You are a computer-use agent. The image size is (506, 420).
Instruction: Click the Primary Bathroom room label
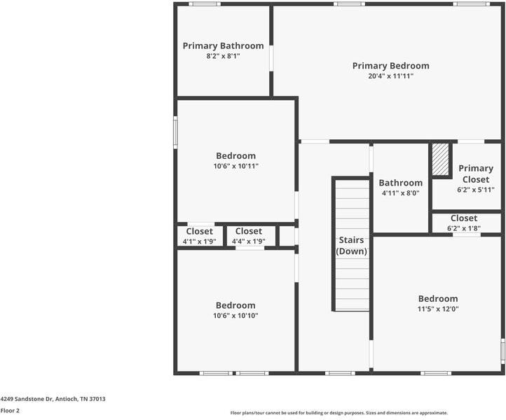[x=223, y=46]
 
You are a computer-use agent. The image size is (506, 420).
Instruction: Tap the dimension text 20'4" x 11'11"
[x=390, y=76]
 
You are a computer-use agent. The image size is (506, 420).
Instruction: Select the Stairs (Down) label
[x=351, y=246]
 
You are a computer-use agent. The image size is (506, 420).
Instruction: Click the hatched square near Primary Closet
[x=440, y=161]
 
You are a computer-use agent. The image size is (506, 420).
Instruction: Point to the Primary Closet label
[x=475, y=174]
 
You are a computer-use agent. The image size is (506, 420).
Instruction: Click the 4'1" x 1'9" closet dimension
[x=199, y=241]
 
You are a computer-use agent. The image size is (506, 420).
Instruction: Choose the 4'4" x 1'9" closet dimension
[x=248, y=241]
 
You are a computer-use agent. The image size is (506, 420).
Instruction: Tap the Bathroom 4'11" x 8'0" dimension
[x=400, y=193]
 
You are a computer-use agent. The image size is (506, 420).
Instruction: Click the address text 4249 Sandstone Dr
[x=53, y=399]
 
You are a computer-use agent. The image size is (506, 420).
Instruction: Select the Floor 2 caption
[x=10, y=411]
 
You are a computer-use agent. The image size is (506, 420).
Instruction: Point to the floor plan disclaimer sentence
[x=339, y=413]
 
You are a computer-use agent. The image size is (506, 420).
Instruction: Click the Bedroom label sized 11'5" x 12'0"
[x=438, y=299]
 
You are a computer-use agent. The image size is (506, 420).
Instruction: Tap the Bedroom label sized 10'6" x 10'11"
[x=235, y=156]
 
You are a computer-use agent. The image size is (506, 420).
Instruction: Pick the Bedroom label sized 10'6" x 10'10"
[x=235, y=306]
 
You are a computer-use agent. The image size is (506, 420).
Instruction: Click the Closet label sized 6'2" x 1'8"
[x=464, y=218]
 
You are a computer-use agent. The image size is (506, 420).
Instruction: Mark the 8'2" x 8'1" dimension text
[x=223, y=56]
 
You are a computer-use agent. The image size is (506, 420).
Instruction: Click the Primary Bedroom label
[x=390, y=66]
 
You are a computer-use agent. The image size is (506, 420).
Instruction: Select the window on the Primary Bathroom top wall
[x=205, y=4]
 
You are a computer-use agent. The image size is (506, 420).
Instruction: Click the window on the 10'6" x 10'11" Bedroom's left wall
[x=175, y=132]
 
